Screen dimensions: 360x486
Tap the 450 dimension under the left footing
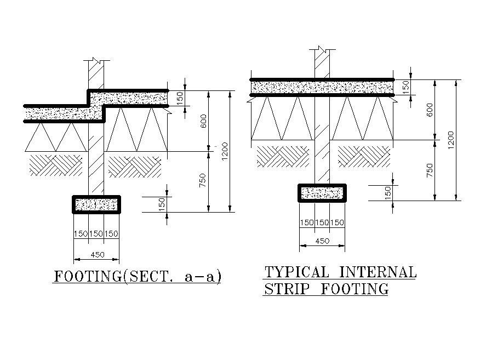click(96, 254)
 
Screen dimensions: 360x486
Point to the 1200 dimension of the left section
click(225, 151)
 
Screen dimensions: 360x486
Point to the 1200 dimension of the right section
click(451, 140)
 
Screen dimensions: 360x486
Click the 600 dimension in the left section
click(204, 121)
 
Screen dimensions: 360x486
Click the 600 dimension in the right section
click(430, 110)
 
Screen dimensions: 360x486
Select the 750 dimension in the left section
click(203, 181)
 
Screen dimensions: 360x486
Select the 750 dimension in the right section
click(430, 170)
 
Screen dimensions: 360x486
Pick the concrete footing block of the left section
click(96, 204)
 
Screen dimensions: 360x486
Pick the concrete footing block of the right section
click(322, 193)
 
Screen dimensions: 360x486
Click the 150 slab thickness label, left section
click(180, 99)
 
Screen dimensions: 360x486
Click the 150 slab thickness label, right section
click(406, 87)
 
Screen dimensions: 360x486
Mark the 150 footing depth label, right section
click(388, 193)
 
